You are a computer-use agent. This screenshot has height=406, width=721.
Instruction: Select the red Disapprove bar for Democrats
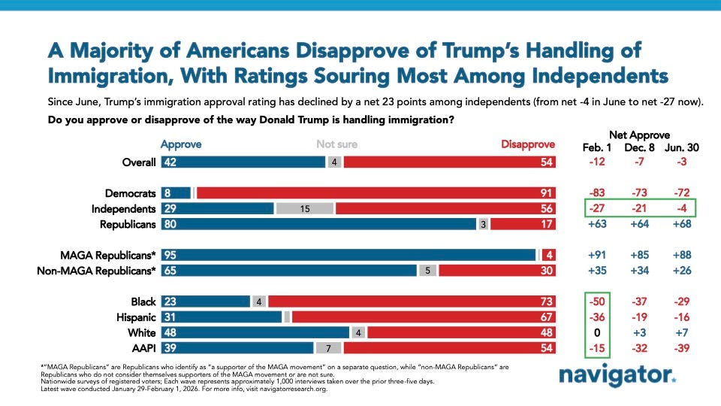tap(376, 193)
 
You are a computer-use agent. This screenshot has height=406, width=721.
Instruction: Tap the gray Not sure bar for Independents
tap(305, 209)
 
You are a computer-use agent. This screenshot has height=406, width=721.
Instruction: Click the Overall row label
tap(140, 162)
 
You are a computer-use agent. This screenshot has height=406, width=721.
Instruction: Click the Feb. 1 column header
tap(598, 147)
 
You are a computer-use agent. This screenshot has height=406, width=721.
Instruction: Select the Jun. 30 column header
tap(681, 147)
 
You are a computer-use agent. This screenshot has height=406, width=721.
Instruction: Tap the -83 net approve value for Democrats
tap(598, 193)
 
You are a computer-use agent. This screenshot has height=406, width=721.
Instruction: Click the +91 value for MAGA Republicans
tap(598, 255)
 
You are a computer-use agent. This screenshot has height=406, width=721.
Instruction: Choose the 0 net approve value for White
tap(599, 332)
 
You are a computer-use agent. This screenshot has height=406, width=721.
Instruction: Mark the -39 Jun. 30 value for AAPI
tap(681, 347)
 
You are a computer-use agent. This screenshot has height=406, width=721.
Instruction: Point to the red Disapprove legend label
tap(528, 144)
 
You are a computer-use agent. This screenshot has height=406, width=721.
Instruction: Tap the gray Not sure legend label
tap(336, 144)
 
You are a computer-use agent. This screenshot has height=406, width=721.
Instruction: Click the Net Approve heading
tap(639, 134)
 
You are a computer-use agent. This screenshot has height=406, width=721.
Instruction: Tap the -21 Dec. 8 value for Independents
tap(640, 209)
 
